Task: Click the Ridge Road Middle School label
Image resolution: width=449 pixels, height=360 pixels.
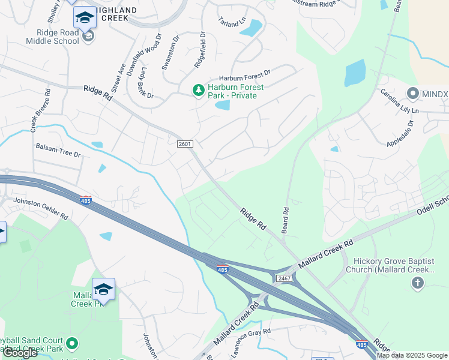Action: coord(52,37)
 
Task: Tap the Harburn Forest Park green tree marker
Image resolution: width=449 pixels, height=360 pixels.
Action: coord(198,91)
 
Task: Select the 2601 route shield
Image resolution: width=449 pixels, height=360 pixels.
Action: coord(185,143)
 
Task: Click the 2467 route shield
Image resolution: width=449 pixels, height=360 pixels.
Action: coord(284,278)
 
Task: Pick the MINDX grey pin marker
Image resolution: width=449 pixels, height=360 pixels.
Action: coord(412,94)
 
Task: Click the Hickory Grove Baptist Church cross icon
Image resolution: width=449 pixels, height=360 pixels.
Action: coord(418,282)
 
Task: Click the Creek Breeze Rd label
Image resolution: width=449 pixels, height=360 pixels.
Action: coord(41,112)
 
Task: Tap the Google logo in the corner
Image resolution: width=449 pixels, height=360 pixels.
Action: coord(20,353)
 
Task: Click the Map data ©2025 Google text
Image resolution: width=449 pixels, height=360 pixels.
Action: coord(411,355)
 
